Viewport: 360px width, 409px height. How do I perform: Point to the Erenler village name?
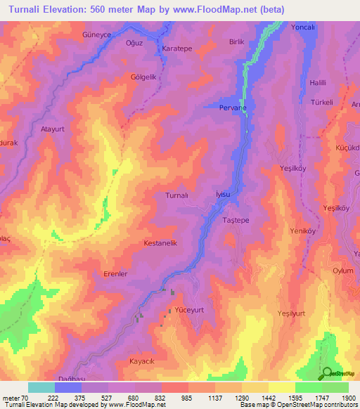[115, 274]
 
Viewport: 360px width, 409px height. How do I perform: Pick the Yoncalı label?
[303, 27]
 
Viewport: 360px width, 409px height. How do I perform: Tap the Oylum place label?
[342, 271]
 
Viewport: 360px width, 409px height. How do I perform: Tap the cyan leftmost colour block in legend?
[41, 387]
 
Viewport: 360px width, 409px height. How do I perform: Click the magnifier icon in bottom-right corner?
[327, 373]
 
